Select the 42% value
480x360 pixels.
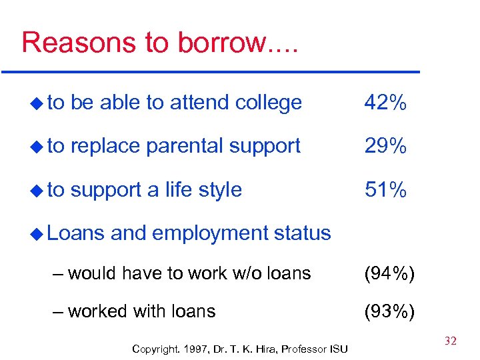tap(385, 103)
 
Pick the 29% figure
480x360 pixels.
tap(385, 146)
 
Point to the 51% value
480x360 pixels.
tap(385, 189)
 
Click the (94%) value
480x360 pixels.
tap(390, 273)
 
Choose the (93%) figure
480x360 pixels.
tap(390, 311)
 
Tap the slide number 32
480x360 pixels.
tap(450, 341)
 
